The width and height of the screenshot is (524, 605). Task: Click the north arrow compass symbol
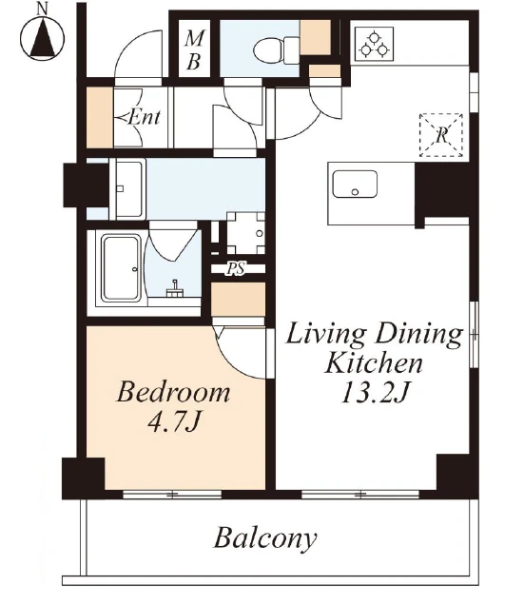43,39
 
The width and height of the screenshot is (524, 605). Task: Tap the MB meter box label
194,49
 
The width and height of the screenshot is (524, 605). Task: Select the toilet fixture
277,50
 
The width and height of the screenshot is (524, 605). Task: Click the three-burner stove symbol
374,44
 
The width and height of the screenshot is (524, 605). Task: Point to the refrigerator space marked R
441,135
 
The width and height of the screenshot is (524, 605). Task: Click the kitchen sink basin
355,184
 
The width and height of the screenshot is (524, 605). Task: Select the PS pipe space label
236,268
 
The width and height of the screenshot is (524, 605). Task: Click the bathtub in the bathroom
121,267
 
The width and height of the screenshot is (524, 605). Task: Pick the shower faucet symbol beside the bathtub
174,289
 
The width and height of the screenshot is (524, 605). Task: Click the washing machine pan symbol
245,233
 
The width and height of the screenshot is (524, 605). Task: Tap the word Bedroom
173,392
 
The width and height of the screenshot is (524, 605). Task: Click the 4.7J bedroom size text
174,421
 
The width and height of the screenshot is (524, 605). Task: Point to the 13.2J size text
375,393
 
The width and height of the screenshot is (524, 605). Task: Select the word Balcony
265,538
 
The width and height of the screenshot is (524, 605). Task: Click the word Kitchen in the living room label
373,362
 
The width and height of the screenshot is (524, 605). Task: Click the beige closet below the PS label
238,300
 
